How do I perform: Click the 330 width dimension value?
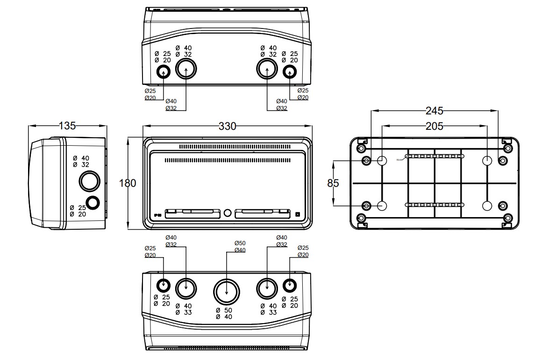(228, 126)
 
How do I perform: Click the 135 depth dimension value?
(67, 126)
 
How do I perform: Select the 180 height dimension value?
(128, 184)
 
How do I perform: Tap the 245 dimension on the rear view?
(434, 111)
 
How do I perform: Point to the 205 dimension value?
(434, 126)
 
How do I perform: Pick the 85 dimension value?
(333, 184)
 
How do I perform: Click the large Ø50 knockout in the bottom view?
(227, 291)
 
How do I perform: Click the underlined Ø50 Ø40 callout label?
(240, 247)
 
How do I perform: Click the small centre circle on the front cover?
(227, 213)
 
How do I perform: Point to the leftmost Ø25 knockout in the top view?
(163, 72)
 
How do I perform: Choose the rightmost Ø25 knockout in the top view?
(290, 72)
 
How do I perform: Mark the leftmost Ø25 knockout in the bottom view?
(163, 284)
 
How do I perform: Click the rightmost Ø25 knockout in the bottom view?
(290, 284)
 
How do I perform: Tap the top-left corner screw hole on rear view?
(361, 148)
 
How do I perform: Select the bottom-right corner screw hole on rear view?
(507, 218)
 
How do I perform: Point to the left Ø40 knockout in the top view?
(186, 70)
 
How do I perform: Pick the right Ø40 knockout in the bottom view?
(267, 288)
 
